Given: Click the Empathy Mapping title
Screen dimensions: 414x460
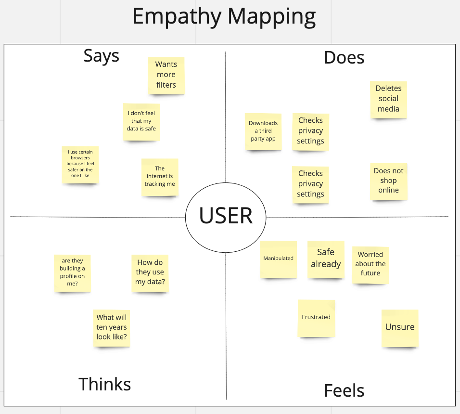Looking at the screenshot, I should pos(224,17).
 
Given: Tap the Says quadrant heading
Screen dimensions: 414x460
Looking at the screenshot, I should pos(101,56).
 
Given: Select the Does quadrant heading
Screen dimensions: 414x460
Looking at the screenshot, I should pos(344,58).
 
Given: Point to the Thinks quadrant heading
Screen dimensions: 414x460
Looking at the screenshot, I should pos(104,384).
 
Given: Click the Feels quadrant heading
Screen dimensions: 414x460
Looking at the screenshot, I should pos(344,390).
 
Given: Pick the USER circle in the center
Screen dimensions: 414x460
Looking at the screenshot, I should pos(226,216).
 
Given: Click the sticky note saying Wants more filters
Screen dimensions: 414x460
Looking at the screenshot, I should pos(166,75).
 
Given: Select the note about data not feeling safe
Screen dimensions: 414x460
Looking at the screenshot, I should pos(141,121).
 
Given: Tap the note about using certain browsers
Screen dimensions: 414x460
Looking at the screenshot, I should pos(80,164).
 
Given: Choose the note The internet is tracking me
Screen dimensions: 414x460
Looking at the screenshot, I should pos(160,177).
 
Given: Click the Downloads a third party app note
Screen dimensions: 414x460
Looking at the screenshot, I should pos(263,131).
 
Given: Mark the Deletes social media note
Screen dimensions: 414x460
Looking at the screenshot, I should pos(388,99).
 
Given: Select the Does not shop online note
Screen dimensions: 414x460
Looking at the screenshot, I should pos(388,181).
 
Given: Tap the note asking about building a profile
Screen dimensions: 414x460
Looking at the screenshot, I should pos(72,273).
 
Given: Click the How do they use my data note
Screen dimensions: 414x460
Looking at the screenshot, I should pos(150,273).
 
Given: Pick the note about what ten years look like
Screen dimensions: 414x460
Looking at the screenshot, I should pos(112,328).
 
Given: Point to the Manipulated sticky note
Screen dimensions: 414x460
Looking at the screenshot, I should pos(278,259).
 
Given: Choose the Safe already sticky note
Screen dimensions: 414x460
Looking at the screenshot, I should pos(326,259).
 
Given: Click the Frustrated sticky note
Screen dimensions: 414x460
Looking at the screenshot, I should pos(316,318).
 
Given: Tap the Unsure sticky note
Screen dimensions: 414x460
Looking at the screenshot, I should pos(400,328).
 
